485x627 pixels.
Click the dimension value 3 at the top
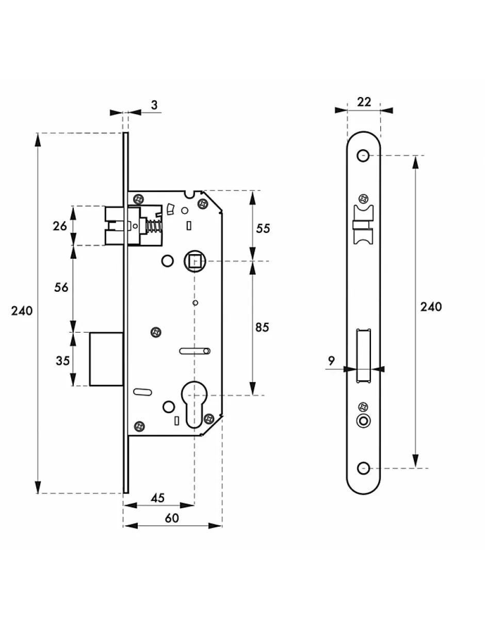[x=154, y=105]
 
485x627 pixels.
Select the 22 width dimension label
[x=364, y=102]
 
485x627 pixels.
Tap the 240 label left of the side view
[x=22, y=311]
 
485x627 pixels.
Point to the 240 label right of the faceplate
[x=431, y=307]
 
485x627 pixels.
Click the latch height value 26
[x=60, y=226]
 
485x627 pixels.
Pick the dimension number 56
[x=61, y=288]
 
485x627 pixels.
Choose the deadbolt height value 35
[x=62, y=360]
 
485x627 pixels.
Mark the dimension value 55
[x=263, y=228]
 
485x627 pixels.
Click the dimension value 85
[x=263, y=327]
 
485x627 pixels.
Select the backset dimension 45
[x=158, y=497]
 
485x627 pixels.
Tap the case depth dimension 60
[x=172, y=518]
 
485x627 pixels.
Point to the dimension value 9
[x=331, y=361]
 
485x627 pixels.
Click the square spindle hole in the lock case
[x=195, y=261]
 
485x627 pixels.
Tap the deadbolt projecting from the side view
[x=106, y=359]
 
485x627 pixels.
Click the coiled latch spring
[x=154, y=227]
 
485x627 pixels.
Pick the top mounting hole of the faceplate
[x=364, y=155]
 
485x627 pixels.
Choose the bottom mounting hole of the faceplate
[x=364, y=468]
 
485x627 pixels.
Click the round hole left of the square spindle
[x=167, y=261]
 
